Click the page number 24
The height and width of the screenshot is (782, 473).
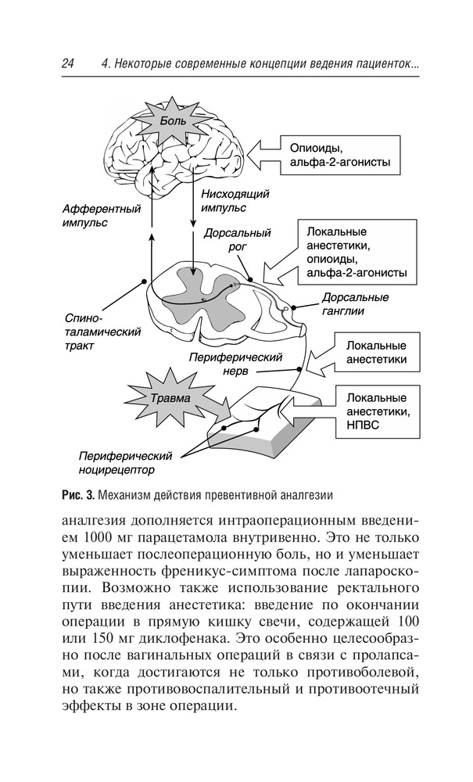66,66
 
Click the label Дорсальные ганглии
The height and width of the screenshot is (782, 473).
355,303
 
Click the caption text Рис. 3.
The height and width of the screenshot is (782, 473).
77,494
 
